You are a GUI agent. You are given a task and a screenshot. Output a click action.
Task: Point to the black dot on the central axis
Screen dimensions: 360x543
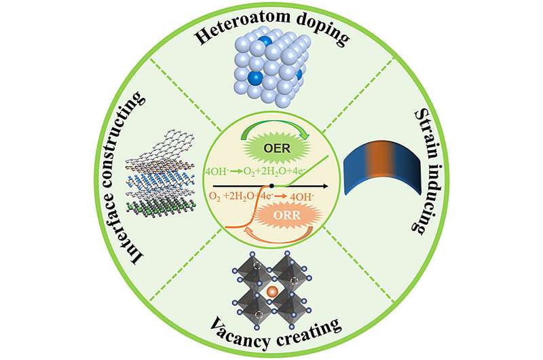271,185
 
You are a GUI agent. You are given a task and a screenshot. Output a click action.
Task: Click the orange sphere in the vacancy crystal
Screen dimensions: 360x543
271,293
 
